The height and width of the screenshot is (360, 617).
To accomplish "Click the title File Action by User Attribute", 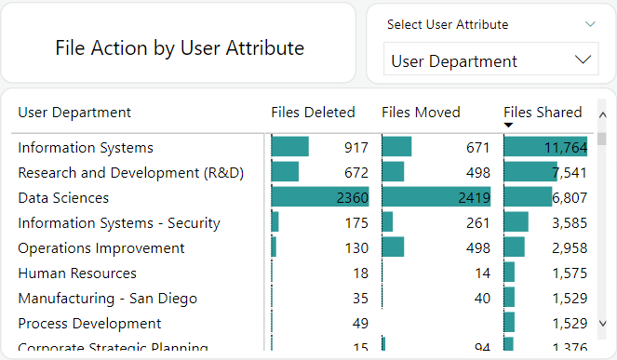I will (180, 47).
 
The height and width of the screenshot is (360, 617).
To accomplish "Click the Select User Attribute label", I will (448, 25).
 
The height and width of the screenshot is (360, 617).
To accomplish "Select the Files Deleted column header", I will (313, 113).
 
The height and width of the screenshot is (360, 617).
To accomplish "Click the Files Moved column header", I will (421, 113).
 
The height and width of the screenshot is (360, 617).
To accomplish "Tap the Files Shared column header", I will (543, 113).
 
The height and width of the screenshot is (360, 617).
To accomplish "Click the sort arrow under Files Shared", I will (508, 126).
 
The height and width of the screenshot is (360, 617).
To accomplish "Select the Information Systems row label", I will (86, 147).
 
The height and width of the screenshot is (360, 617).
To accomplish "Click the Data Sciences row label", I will (63, 197).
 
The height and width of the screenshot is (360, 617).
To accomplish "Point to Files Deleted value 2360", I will (352, 197).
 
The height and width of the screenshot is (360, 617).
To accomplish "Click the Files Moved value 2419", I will (473, 197).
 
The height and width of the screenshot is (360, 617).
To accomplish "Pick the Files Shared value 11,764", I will (566, 147).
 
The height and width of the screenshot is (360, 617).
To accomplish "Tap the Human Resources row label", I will (77, 273).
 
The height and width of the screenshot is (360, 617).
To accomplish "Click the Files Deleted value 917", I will (355, 147).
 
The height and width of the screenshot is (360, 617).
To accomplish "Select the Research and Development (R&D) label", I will (131, 172).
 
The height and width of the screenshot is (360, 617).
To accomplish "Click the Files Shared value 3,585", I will (569, 223).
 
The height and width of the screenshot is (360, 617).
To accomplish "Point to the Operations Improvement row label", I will (101, 248).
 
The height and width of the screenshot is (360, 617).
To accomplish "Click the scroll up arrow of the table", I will (602, 114).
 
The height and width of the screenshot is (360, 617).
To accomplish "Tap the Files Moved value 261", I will (477, 223).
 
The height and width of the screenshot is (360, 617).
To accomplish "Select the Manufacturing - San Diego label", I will (107, 299).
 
